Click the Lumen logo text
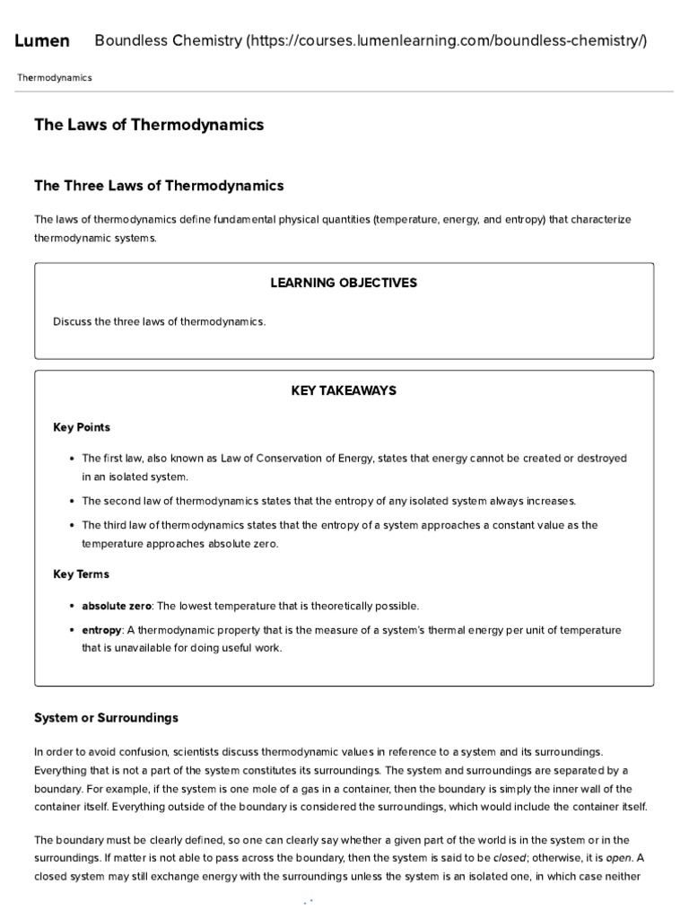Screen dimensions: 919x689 (42, 41)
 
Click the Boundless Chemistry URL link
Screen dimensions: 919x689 (371, 41)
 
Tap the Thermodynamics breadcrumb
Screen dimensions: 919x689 (54, 78)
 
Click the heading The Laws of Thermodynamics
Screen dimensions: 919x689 (149, 126)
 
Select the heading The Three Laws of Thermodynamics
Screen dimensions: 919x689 (159, 186)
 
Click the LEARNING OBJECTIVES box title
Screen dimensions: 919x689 (344, 283)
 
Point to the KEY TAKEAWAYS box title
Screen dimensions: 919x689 (344, 391)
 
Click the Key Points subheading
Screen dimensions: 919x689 (82, 427)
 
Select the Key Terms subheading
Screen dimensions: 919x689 (81, 573)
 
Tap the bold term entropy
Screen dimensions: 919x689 (101, 630)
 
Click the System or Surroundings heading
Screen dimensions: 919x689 (106, 718)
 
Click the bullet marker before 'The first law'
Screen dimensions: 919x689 (71, 459)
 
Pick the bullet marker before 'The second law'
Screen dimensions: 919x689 (71, 501)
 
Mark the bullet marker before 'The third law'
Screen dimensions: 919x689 (71, 526)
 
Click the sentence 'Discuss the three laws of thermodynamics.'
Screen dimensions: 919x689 (160, 321)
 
